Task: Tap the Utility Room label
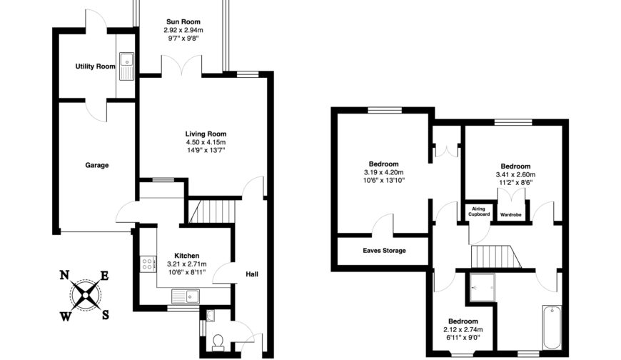coord(95,66)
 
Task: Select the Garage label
coord(97,165)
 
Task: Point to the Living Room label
coord(206,134)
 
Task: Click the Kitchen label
coord(187,255)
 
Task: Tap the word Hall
coord(252,274)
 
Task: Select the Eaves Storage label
coord(384,251)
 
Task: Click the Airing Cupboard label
coord(479,211)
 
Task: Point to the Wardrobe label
coord(511,214)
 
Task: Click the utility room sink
coord(127,65)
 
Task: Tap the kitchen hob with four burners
coord(148,264)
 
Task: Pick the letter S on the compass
coord(106,314)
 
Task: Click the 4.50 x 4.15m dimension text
coord(206,142)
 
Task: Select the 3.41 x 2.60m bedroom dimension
coord(515,174)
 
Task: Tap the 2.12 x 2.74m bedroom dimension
coord(463,330)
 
